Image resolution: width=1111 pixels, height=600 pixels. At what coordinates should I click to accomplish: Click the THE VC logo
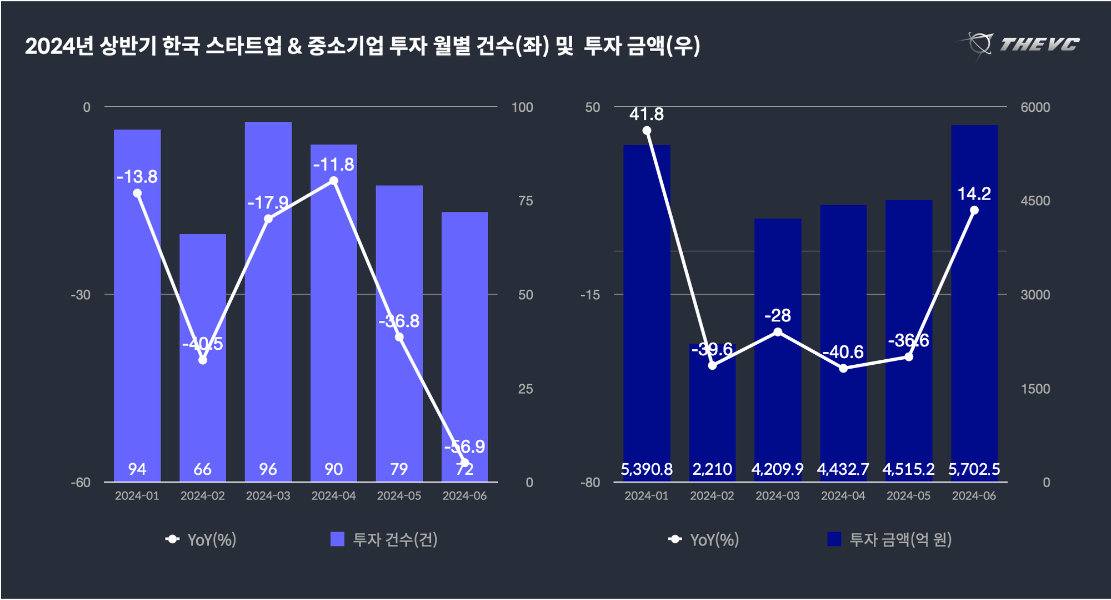coord(1019,44)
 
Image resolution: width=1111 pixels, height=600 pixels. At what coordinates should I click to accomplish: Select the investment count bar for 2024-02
coord(203,289)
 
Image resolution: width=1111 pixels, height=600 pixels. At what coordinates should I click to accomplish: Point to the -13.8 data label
coord(137,177)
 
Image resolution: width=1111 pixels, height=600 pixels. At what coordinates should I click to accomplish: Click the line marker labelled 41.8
coord(647,131)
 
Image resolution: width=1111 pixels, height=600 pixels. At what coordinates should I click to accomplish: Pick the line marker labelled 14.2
coord(974,210)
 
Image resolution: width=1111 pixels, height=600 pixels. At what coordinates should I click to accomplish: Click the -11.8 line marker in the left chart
coord(334,181)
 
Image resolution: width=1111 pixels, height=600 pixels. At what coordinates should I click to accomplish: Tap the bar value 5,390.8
coord(647,469)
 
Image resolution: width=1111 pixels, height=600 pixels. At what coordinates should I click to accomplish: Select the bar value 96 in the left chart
coord(268,469)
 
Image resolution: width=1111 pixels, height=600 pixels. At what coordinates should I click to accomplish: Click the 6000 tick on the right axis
coord(1035,107)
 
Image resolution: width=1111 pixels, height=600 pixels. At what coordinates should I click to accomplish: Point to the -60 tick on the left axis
coord(81,482)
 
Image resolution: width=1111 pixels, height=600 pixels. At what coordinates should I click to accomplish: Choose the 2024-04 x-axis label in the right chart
coord(843,495)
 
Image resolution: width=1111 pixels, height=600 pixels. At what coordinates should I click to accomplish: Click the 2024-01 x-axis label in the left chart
coord(137,495)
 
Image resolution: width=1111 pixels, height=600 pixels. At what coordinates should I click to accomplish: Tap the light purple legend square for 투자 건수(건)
coord(337,539)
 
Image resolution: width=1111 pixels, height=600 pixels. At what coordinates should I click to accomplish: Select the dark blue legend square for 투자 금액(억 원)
coord(834,539)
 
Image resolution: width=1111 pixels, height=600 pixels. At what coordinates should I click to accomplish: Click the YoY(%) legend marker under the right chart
coord(675,539)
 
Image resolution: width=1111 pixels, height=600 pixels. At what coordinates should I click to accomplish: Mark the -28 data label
coord(778,316)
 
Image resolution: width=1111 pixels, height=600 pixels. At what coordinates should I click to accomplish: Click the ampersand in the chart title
coord(295,46)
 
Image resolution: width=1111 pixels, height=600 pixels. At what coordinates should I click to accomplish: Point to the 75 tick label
coord(526,201)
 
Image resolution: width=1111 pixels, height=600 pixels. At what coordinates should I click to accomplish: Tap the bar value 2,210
coord(712,469)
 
